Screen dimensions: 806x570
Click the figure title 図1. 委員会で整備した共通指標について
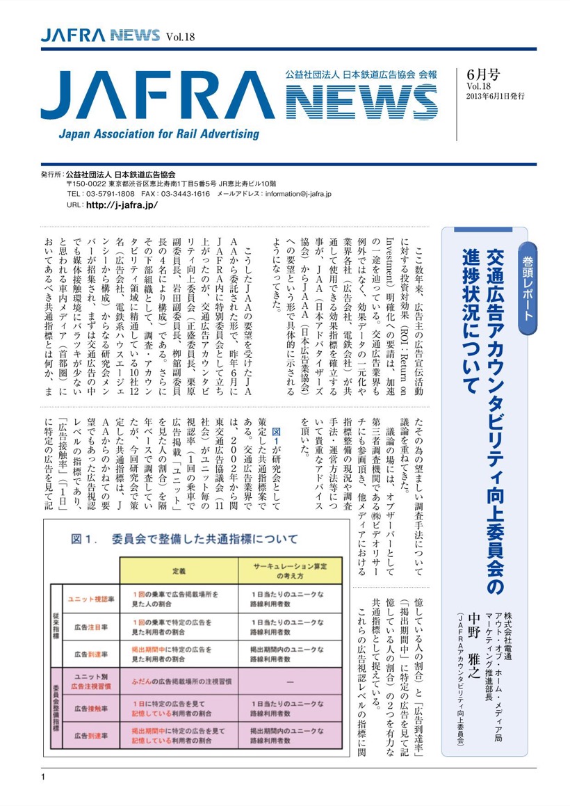pos(185,538)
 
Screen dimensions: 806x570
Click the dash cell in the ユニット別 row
pos(289,680)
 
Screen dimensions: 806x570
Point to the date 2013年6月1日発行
pos(495,96)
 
